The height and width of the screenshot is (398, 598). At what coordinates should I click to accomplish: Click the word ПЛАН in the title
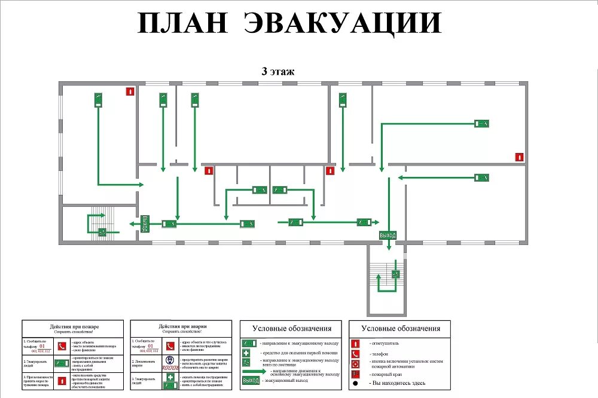point(183,23)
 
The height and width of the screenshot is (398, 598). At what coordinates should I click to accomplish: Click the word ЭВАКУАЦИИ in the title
point(344,23)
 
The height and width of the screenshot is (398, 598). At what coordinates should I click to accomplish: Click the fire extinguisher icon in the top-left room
point(129,91)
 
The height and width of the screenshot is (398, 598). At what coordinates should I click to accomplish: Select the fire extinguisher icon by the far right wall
point(520,157)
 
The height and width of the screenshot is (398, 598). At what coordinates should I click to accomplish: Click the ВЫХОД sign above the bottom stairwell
point(388,235)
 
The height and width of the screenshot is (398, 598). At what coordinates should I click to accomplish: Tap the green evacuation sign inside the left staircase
point(103,232)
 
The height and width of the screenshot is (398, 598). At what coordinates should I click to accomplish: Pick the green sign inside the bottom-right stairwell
point(395,274)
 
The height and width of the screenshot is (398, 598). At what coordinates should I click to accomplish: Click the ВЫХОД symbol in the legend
point(251,381)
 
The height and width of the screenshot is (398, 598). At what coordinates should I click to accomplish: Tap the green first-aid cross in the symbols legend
point(246,353)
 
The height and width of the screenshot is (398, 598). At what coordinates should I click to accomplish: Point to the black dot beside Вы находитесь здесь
point(355,383)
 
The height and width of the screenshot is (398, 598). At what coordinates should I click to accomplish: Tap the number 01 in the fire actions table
point(42,345)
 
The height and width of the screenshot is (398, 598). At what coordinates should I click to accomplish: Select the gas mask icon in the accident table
point(170,360)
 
